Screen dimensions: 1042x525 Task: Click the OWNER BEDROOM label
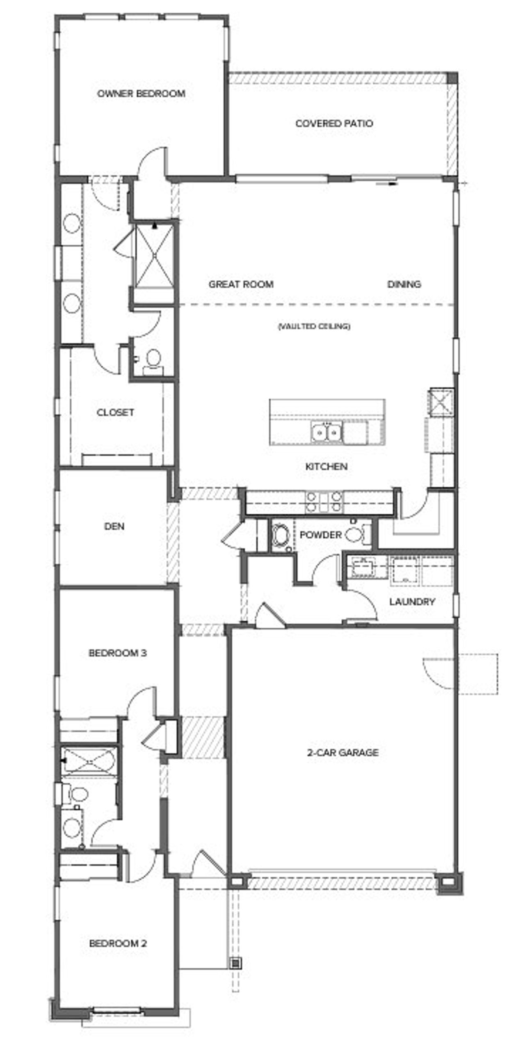tap(141, 94)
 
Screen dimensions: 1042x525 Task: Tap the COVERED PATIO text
tap(334, 124)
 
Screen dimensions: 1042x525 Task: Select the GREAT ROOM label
tap(241, 284)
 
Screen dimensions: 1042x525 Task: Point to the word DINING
tap(404, 284)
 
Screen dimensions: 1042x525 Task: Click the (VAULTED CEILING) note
tap(314, 327)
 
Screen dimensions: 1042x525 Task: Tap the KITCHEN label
tap(326, 467)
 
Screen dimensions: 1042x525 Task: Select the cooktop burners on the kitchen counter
tap(324, 502)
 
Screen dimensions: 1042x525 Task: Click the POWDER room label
tap(320, 535)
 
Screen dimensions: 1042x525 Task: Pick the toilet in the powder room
tap(355, 535)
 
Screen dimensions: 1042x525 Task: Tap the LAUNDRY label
tap(412, 602)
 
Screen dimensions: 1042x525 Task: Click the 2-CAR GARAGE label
tap(343, 752)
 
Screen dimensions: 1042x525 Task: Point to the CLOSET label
tap(115, 412)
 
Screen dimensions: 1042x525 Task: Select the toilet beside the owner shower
tap(153, 360)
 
